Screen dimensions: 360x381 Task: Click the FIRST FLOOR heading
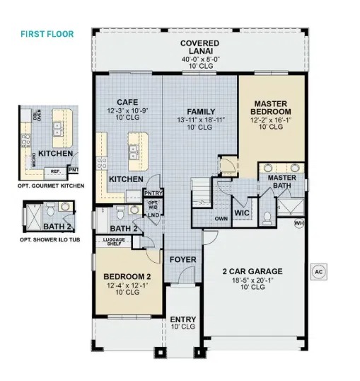47,34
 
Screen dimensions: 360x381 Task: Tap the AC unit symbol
319,272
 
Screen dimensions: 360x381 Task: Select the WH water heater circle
299,222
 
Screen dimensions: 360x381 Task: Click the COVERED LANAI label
200,47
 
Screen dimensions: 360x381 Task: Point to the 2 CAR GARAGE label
252,271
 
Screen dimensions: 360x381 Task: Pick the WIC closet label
242,213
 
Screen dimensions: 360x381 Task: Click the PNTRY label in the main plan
153,193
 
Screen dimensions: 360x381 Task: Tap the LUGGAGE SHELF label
114,241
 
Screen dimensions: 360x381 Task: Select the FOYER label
182,259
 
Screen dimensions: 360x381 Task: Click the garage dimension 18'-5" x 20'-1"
252,280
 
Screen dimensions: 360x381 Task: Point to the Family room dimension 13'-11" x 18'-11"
201,120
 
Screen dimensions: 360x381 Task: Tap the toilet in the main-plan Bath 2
120,212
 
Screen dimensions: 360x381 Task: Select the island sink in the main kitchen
133,152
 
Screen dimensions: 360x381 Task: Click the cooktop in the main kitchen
102,163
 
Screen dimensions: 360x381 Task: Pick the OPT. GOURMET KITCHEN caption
51,186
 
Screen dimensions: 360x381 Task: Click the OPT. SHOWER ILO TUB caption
50,239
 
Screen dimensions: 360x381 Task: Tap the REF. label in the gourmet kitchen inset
55,171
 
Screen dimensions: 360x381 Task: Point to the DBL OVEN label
37,115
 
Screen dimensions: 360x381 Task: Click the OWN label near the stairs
221,218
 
